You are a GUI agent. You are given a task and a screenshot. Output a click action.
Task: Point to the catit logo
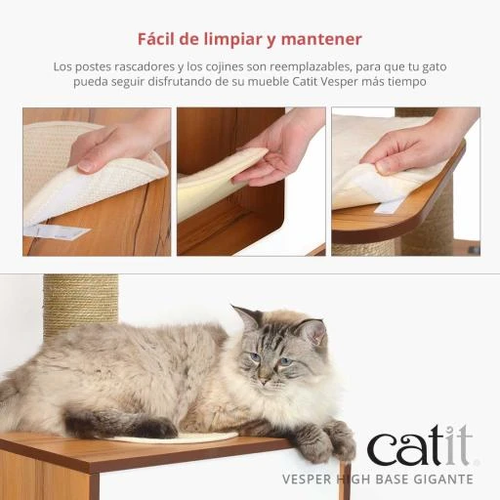coord(422,445)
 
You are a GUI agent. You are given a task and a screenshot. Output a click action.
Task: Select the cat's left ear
coord(312,331)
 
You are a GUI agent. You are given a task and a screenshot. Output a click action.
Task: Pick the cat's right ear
coord(246,316)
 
